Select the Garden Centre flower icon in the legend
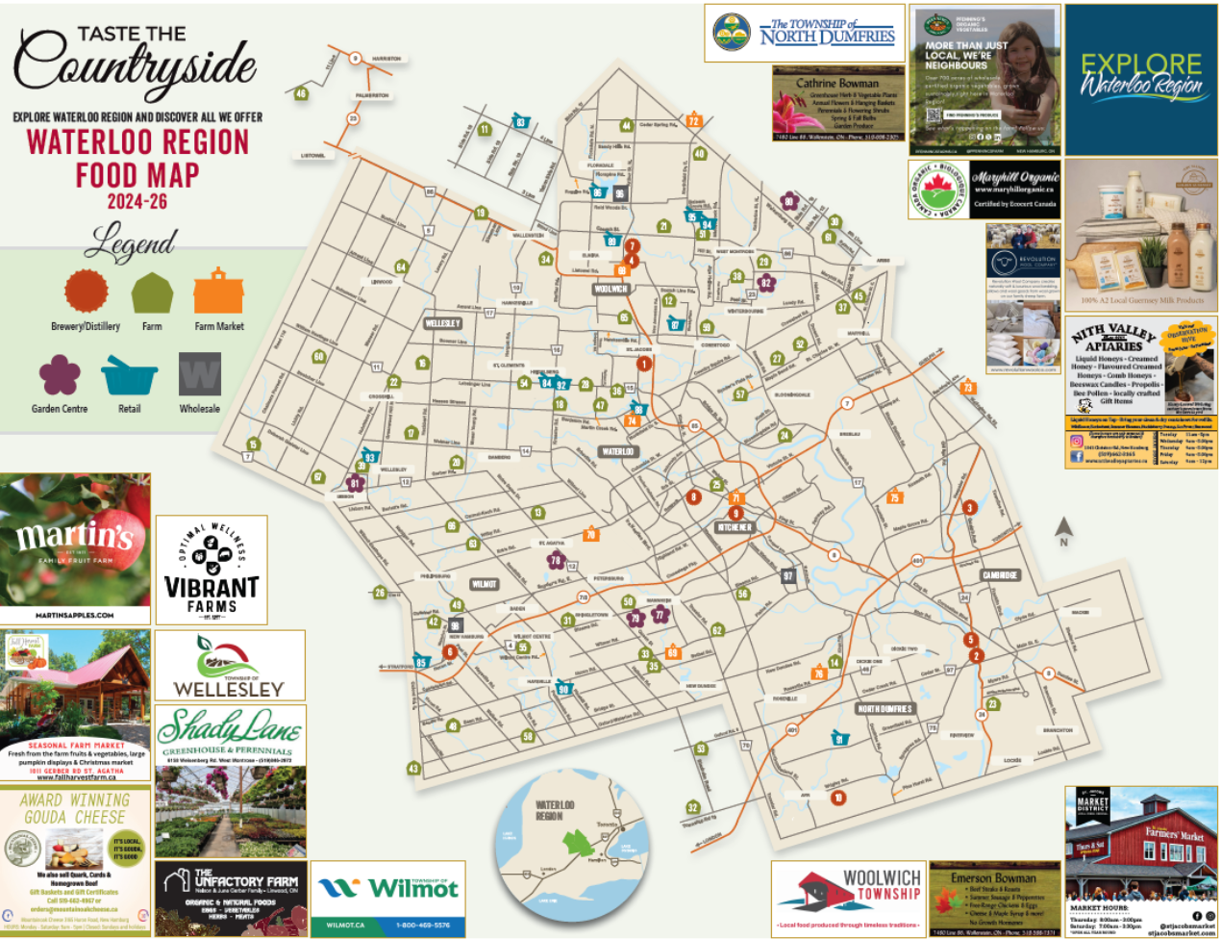point(60,375)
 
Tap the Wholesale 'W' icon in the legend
point(200,374)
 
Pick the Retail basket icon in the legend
point(129,375)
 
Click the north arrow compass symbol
point(1062,530)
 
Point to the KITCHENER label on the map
point(735,528)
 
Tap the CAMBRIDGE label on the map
point(1000,575)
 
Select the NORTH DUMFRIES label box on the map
point(885,708)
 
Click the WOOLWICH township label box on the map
point(610,289)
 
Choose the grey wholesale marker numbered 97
point(788,576)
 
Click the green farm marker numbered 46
point(301,93)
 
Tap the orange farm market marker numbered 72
point(693,120)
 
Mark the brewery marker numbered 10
point(838,798)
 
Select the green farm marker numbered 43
point(413,769)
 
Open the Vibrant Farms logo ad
point(212,570)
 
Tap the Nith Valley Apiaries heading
point(1113,338)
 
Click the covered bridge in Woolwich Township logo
point(805,893)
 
